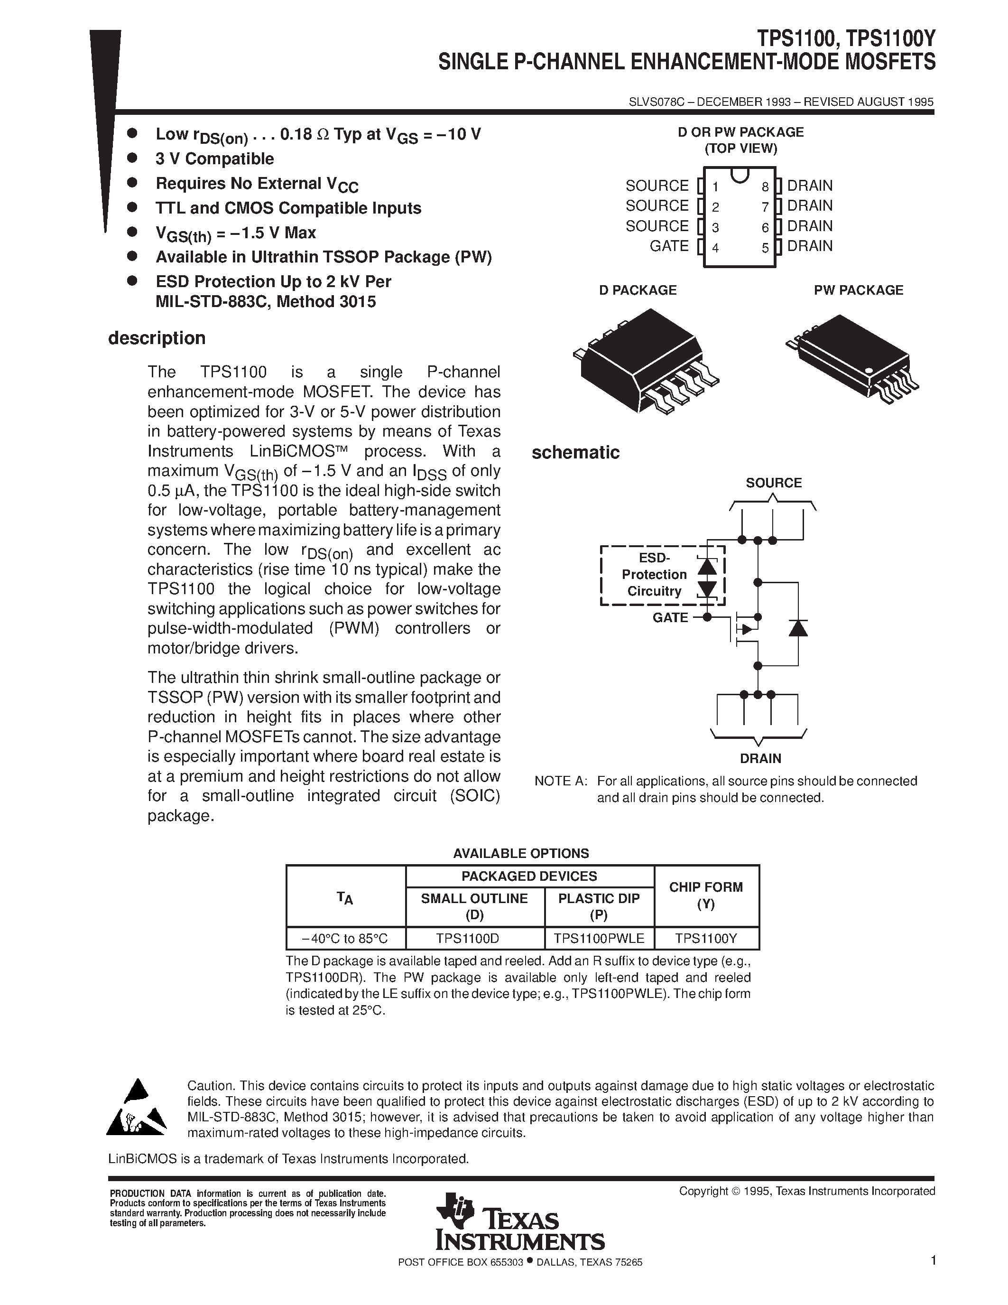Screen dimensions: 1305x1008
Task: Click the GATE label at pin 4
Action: coord(669,246)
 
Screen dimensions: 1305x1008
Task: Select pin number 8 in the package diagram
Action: coord(765,187)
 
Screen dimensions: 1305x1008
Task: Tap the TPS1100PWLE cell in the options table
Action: coord(599,939)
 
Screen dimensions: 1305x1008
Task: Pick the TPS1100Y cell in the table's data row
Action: coord(706,939)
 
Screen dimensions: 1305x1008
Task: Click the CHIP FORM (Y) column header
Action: coord(706,895)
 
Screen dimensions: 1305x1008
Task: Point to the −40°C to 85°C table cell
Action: coord(346,939)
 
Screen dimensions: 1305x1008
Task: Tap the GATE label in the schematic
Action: coord(670,618)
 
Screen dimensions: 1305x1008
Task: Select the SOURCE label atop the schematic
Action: coord(773,483)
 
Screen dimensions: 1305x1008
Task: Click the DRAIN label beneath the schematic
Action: coord(760,758)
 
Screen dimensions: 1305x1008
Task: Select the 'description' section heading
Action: coord(157,338)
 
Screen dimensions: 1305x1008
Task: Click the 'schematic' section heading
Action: coord(575,453)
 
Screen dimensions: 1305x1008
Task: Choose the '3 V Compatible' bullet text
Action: coord(214,159)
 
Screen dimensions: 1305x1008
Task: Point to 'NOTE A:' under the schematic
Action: coord(560,781)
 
